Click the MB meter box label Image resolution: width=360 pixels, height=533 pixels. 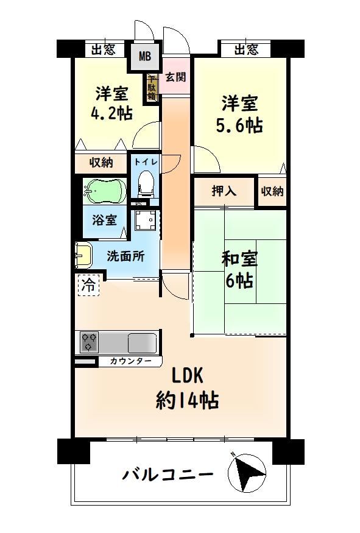point(145,55)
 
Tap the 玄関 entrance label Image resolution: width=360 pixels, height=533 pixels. point(176,77)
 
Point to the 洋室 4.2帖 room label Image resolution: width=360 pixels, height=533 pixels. point(111,104)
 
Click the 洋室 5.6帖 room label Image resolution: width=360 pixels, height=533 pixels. point(239,115)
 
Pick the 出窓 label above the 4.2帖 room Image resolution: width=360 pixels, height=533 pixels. point(104,49)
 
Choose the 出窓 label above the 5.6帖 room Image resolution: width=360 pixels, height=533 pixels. point(247,49)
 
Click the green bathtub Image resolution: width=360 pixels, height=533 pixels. point(105,190)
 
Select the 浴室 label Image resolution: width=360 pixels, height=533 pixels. point(104,220)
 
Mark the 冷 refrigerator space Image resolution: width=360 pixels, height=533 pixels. point(88,285)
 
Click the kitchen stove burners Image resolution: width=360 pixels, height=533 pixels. point(89,342)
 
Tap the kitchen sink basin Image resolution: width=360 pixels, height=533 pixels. point(142,344)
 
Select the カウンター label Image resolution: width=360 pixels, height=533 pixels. point(130,361)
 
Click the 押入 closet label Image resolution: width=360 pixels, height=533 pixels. point(224,191)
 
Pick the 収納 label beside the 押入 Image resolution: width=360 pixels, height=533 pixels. point(272,191)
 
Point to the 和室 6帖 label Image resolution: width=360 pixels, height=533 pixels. point(239,270)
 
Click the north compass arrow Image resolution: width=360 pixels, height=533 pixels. point(247,473)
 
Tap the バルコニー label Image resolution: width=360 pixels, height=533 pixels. point(168,474)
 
